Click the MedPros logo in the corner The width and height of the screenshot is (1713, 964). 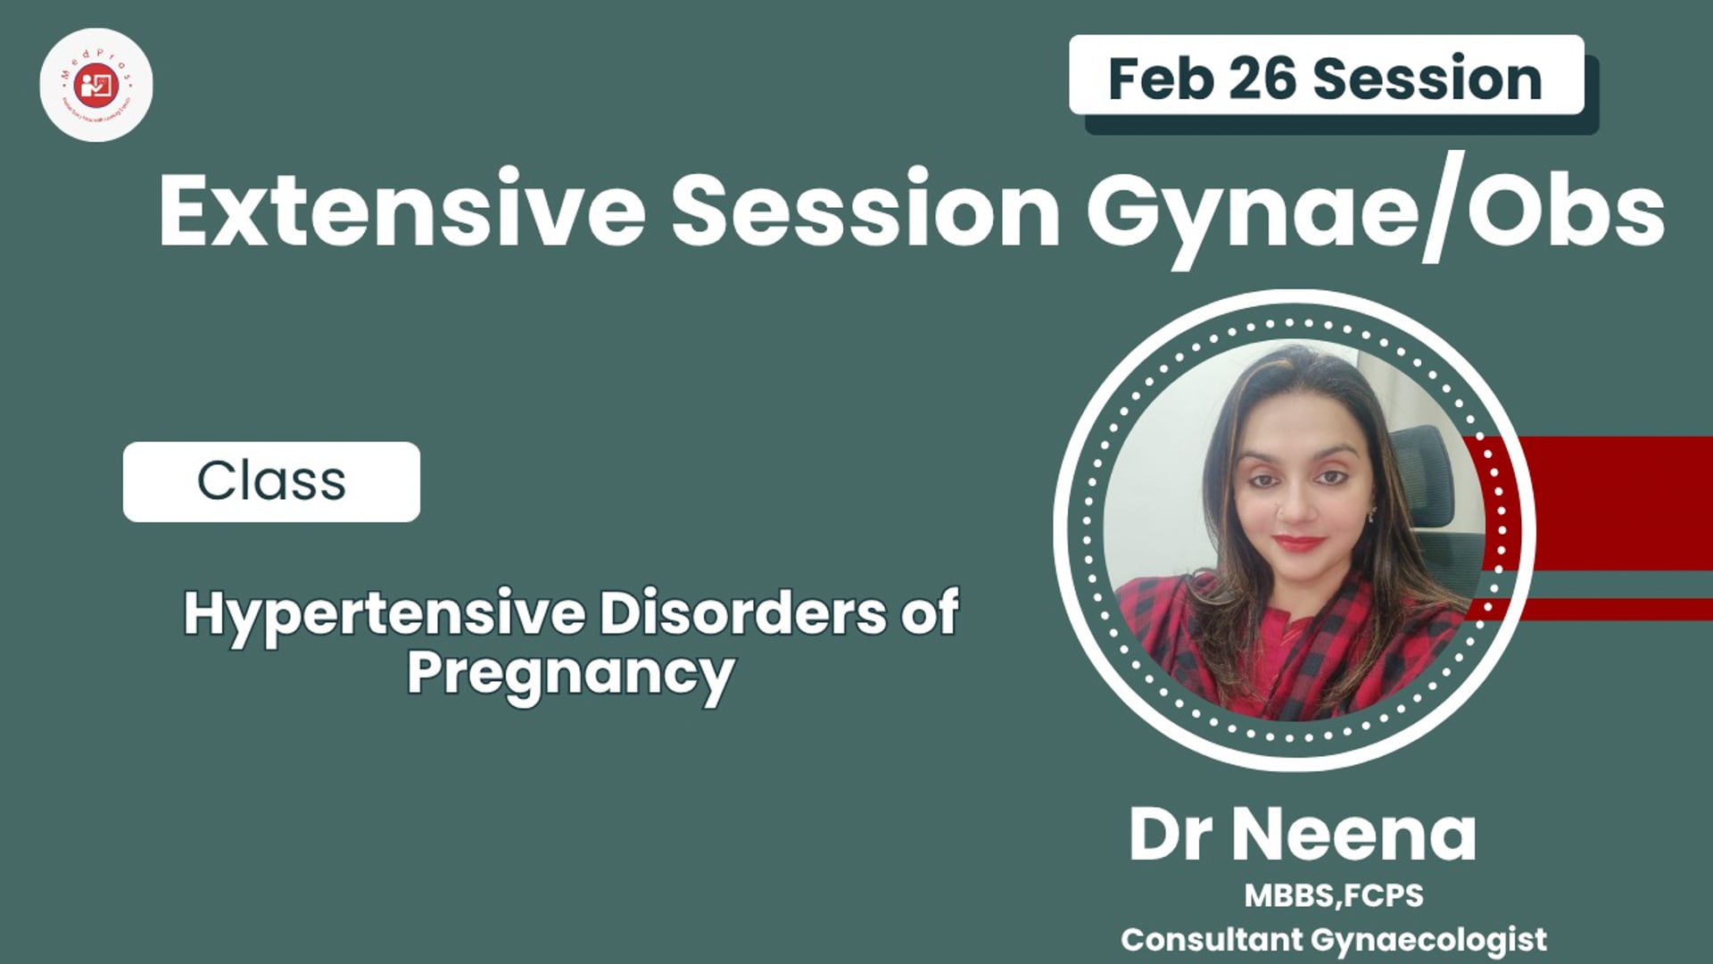point(96,85)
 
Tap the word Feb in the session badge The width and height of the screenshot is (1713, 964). point(1159,79)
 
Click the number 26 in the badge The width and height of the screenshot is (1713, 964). point(1262,79)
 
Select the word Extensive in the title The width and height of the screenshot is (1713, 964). point(401,212)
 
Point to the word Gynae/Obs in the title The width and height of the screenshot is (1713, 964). point(1374,212)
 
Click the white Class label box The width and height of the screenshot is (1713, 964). point(271,482)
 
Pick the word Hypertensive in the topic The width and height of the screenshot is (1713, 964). point(385,614)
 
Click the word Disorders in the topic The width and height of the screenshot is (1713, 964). point(743,614)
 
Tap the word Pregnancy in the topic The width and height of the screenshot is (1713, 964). point(571,674)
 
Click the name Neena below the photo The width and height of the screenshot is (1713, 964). point(1354,835)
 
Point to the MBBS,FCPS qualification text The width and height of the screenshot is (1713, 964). point(1334,895)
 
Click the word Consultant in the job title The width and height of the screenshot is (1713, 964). point(1212,939)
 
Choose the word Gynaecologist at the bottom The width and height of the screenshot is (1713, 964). point(1429,939)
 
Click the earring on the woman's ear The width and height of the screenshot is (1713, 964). point(1372,514)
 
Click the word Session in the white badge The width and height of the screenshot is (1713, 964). point(1427,79)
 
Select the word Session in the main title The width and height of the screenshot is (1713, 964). point(865,212)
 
